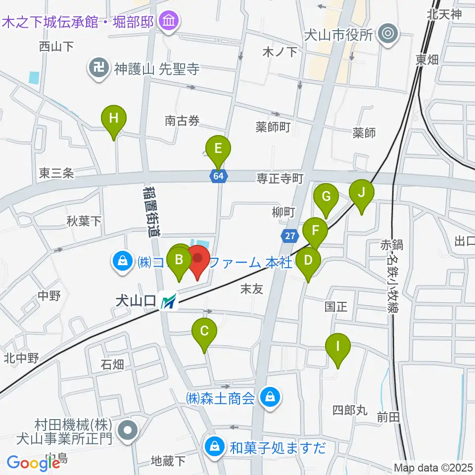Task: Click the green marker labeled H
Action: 114,119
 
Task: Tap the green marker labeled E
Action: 218,148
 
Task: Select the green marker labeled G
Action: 326,196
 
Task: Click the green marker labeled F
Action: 315,230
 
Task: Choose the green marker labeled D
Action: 308,260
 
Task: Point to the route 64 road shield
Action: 218,176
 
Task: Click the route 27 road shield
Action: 289,236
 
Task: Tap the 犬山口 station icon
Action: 169,301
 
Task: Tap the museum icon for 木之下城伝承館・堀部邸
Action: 170,21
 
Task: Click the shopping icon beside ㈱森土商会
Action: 270,396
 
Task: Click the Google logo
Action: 33,463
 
